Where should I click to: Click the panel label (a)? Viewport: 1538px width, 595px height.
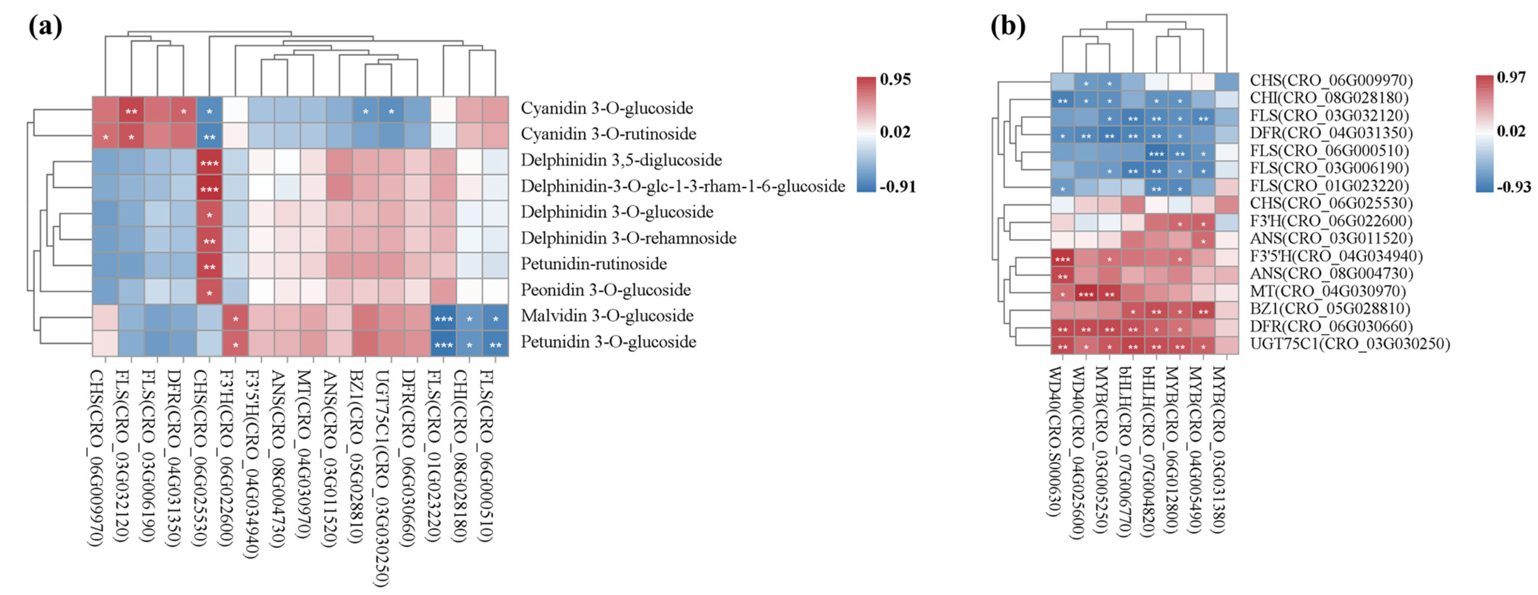point(45,26)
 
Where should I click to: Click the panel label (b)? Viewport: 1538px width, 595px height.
point(1008,26)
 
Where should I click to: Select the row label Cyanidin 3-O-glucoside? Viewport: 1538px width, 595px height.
point(607,108)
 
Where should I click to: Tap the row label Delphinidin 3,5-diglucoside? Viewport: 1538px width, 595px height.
point(621,160)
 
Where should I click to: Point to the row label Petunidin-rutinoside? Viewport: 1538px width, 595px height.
point(594,264)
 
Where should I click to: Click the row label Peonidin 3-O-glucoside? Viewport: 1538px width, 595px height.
point(605,290)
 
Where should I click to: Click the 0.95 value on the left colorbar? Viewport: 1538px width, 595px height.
point(895,79)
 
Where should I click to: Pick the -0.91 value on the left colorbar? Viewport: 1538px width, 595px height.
point(897,187)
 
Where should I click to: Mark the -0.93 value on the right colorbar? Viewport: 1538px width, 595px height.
point(1514,187)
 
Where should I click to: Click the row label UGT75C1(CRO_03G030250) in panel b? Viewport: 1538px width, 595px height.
point(1349,344)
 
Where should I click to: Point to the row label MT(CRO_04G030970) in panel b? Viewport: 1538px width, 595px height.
point(1328,291)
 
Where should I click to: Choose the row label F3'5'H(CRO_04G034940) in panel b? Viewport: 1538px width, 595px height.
point(1336,256)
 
